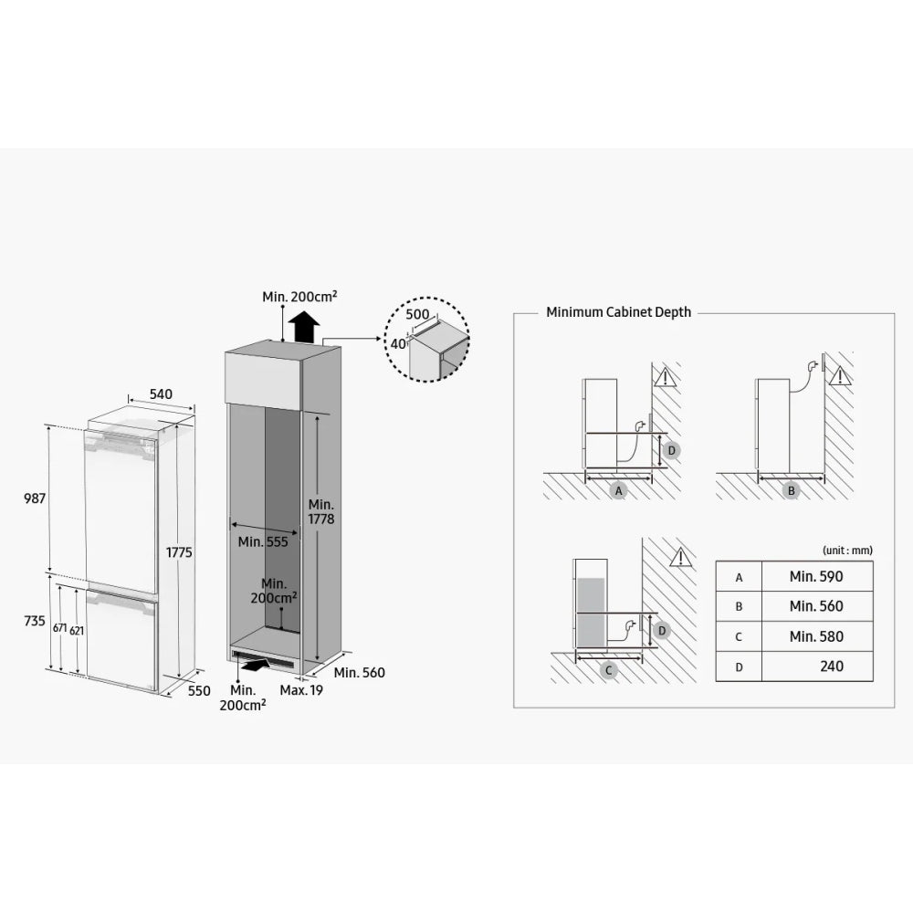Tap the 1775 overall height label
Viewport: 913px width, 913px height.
click(178, 551)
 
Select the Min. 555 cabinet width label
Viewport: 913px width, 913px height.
click(262, 541)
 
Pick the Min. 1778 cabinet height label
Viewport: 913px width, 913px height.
click(321, 511)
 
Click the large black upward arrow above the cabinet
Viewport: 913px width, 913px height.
click(302, 324)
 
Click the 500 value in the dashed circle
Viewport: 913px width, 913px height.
click(417, 313)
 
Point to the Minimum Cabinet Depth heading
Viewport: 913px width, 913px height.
click(618, 312)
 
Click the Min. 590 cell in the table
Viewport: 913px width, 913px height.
click(816, 576)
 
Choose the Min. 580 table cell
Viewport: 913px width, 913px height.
click(816, 636)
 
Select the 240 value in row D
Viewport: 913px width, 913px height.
click(831, 666)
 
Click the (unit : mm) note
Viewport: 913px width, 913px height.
click(847, 550)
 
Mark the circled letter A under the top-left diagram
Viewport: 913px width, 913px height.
click(618, 490)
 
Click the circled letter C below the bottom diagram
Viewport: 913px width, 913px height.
click(610, 670)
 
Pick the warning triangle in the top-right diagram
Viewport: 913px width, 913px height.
click(841, 375)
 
